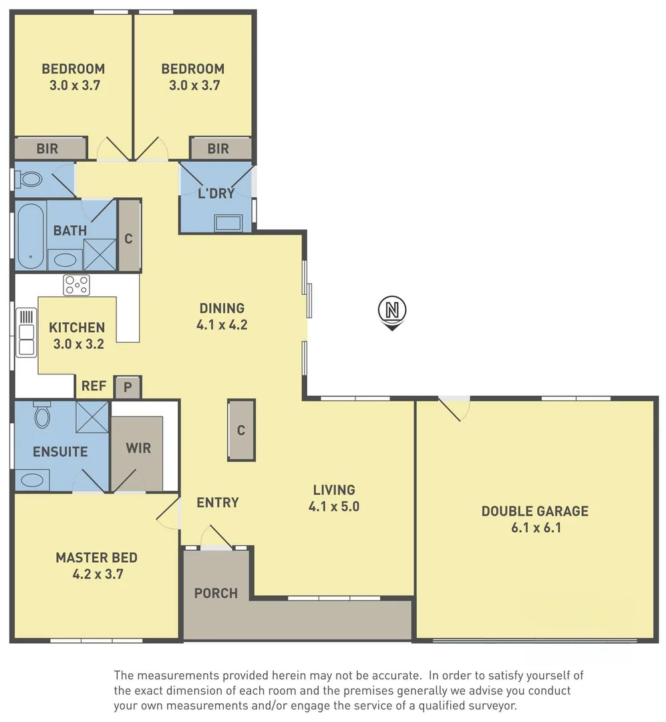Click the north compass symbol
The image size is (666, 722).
pos(393,312)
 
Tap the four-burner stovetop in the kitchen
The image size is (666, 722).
pos(76,285)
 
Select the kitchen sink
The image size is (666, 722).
pos(26,333)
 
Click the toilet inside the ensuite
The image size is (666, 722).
pos(42,415)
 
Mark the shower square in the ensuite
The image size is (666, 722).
pos(92,417)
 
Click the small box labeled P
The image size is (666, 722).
pos(128,387)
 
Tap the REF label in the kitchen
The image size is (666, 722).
pos(93,386)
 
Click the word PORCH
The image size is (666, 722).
pos(216,593)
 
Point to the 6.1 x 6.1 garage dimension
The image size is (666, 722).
pos(535,528)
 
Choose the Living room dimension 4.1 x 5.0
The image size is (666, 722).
pos(334,507)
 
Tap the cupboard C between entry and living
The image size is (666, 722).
pos(241,431)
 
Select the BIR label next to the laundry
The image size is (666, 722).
pos(218,148)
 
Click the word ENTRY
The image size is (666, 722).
pos(218,503)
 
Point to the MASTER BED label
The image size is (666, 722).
pos(96,558)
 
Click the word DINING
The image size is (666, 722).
pos(222,308)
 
